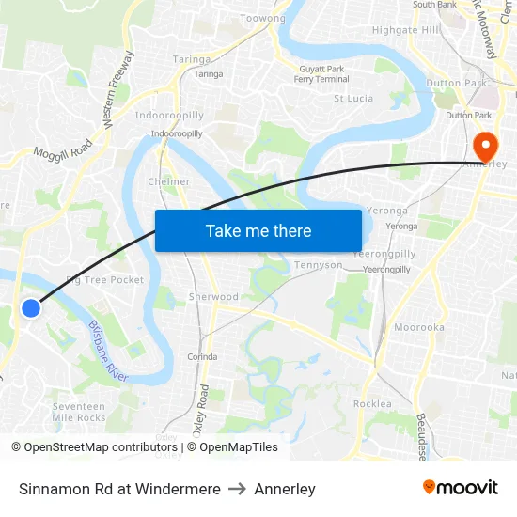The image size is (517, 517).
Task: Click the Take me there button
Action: (258, 230)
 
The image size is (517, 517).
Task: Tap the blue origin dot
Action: (31, 308)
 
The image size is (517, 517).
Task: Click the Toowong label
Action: (262, 18)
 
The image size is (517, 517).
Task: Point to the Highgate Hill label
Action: (405, 30)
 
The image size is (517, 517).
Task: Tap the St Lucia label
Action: (352, 98)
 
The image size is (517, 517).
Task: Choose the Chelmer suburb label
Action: (169, 181)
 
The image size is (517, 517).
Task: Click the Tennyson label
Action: (320, 265)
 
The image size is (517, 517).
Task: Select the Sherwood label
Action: (213, 296)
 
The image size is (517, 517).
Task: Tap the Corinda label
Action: (202, 356)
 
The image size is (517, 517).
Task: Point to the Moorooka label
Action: (419, 327)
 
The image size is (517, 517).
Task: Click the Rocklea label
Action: (371, 403)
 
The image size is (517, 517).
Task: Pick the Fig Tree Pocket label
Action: (105, 280)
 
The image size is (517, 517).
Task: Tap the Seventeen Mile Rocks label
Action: (79, 411)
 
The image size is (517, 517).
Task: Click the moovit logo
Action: (460, 487)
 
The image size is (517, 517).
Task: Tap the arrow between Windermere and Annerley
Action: (238, 489)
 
